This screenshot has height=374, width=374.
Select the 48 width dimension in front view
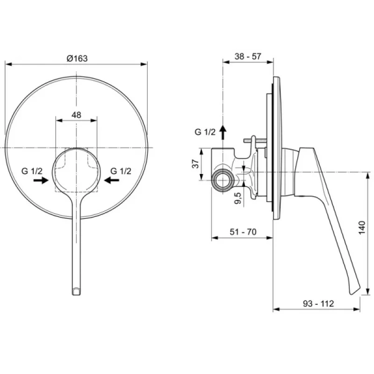[76, 115]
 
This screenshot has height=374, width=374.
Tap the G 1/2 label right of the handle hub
[121, 171]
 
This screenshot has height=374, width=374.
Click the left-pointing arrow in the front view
[112, 180]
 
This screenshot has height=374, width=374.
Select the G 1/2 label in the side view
[204, 132]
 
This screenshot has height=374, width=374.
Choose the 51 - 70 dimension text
[242, 231]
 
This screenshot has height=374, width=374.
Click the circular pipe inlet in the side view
[222, 181]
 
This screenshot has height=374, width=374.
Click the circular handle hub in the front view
[76, 171]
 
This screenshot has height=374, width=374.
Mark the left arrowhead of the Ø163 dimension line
[7, 63]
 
